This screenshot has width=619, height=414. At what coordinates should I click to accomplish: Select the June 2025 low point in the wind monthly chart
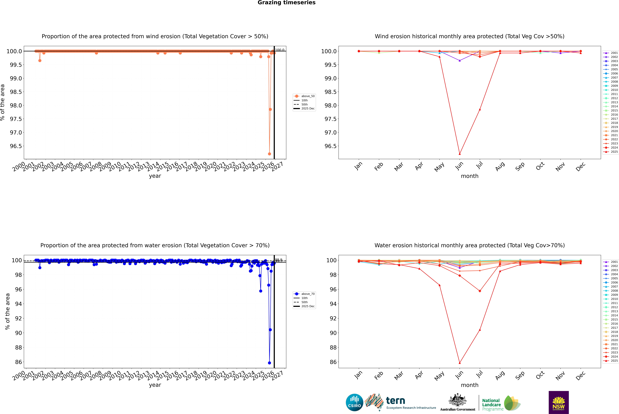(x=460, y=154)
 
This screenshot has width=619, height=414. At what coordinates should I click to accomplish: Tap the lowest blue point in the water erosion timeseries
(x=269, y=363)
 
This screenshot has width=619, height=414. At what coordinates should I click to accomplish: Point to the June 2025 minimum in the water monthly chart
(x=460, y=363)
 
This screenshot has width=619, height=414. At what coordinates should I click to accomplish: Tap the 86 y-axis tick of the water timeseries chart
(x=18, y=362)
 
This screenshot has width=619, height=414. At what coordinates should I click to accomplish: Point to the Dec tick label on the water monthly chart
(x=580, y=375)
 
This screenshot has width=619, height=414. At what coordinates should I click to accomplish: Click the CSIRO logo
(x=354, y=402)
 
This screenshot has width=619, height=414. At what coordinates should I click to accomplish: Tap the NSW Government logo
(x=559, y=402)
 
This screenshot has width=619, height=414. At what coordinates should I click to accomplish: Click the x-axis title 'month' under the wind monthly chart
(x=469, y=176)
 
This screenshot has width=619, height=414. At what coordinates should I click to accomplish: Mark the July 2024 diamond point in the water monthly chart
(x=480, y=291)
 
